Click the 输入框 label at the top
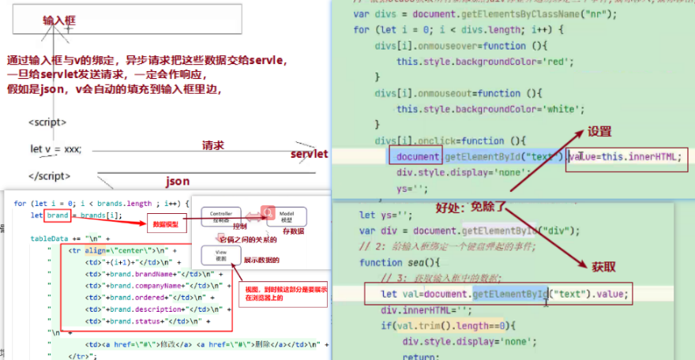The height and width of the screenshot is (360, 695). (x=59, y=19)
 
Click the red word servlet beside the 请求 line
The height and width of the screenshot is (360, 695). (x=309, y=153)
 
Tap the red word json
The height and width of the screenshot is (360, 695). (x=178, y=182)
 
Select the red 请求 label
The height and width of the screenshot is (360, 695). (x=213, y=145)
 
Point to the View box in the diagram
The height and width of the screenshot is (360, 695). (x=220, y=255)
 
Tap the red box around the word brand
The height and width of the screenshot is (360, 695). (x=58, y=215)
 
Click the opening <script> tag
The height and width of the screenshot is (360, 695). (x=47, y=122)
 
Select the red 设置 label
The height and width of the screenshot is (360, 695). (x=599, y=132)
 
